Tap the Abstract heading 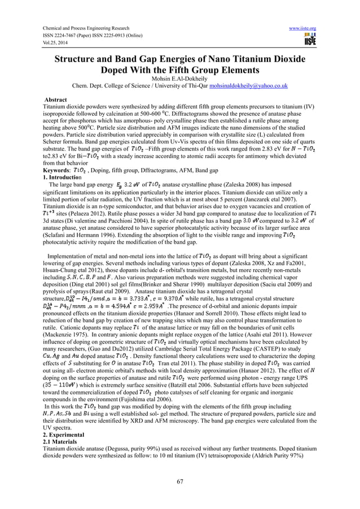tap(57, 99)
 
